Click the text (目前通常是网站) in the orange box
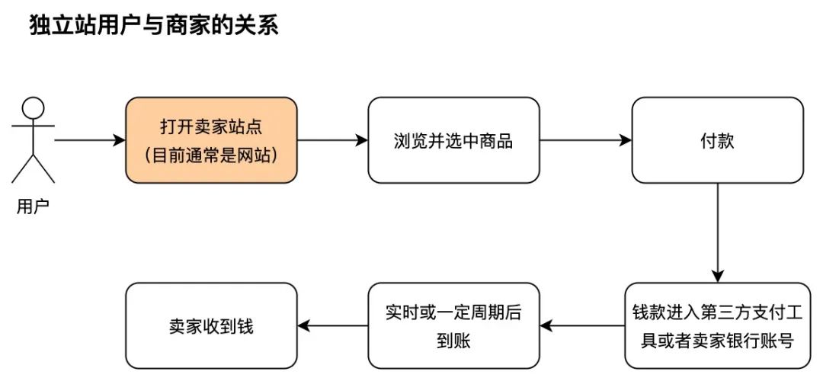(211, 155)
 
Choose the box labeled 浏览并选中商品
(453, 140)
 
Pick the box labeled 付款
(717, 140)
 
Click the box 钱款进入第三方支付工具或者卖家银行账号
(717, 326)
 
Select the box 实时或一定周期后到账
(453, 326)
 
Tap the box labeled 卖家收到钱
(211, 326)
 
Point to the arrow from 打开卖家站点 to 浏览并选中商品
(332, 140)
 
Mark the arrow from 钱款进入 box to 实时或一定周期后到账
(582, 326)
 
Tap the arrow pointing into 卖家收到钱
(332, 326)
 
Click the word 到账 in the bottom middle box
(453, 341)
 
